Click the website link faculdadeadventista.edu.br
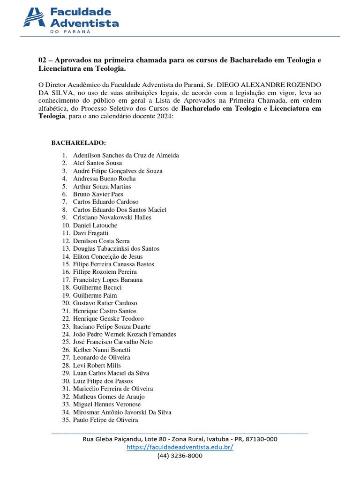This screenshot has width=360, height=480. point(180,447)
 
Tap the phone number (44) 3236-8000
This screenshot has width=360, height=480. point(180,456)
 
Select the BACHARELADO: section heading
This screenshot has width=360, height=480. point(78,142)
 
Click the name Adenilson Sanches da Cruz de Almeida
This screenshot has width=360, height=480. point(126,155)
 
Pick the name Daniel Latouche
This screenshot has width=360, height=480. point(95,225)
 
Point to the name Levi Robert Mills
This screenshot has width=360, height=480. point(97,365)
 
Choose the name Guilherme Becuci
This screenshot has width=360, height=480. point(97,287)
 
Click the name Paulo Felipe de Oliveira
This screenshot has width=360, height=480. point(105,420)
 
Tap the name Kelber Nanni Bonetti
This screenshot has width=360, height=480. point(102,350)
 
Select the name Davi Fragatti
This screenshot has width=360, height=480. point(90,233)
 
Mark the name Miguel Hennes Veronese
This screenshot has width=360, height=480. point(107,404)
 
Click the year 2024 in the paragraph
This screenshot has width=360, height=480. point(165,117)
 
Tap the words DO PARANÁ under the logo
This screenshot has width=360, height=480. point(70,32)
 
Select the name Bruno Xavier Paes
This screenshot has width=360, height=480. point(98,194)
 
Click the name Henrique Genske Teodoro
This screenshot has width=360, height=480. point(108,319)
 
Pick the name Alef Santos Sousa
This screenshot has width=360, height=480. point(97,163)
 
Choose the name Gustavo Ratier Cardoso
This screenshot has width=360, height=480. point(105,303)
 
